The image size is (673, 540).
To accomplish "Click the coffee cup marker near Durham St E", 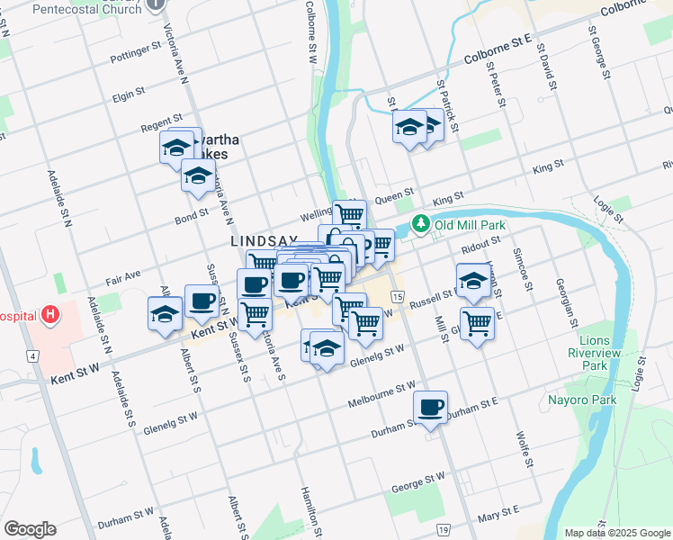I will tap(431, 408).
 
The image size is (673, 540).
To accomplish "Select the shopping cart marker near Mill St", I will tap(477, 322).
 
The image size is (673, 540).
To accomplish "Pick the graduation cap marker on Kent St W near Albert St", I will tap(166, 315).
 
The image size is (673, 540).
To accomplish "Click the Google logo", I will tap(30, 529).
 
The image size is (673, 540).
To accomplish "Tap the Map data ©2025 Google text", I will tap(618, 533).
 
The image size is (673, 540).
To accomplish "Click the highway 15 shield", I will tap(397, 296).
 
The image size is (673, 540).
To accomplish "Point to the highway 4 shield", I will tap(33, 357).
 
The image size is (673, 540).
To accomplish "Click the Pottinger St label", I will tap(135, 53).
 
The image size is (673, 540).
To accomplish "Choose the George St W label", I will tap(415, 482).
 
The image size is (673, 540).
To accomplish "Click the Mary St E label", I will tap(500, 514).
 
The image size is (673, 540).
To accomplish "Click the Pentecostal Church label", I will tap(86, 9).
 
